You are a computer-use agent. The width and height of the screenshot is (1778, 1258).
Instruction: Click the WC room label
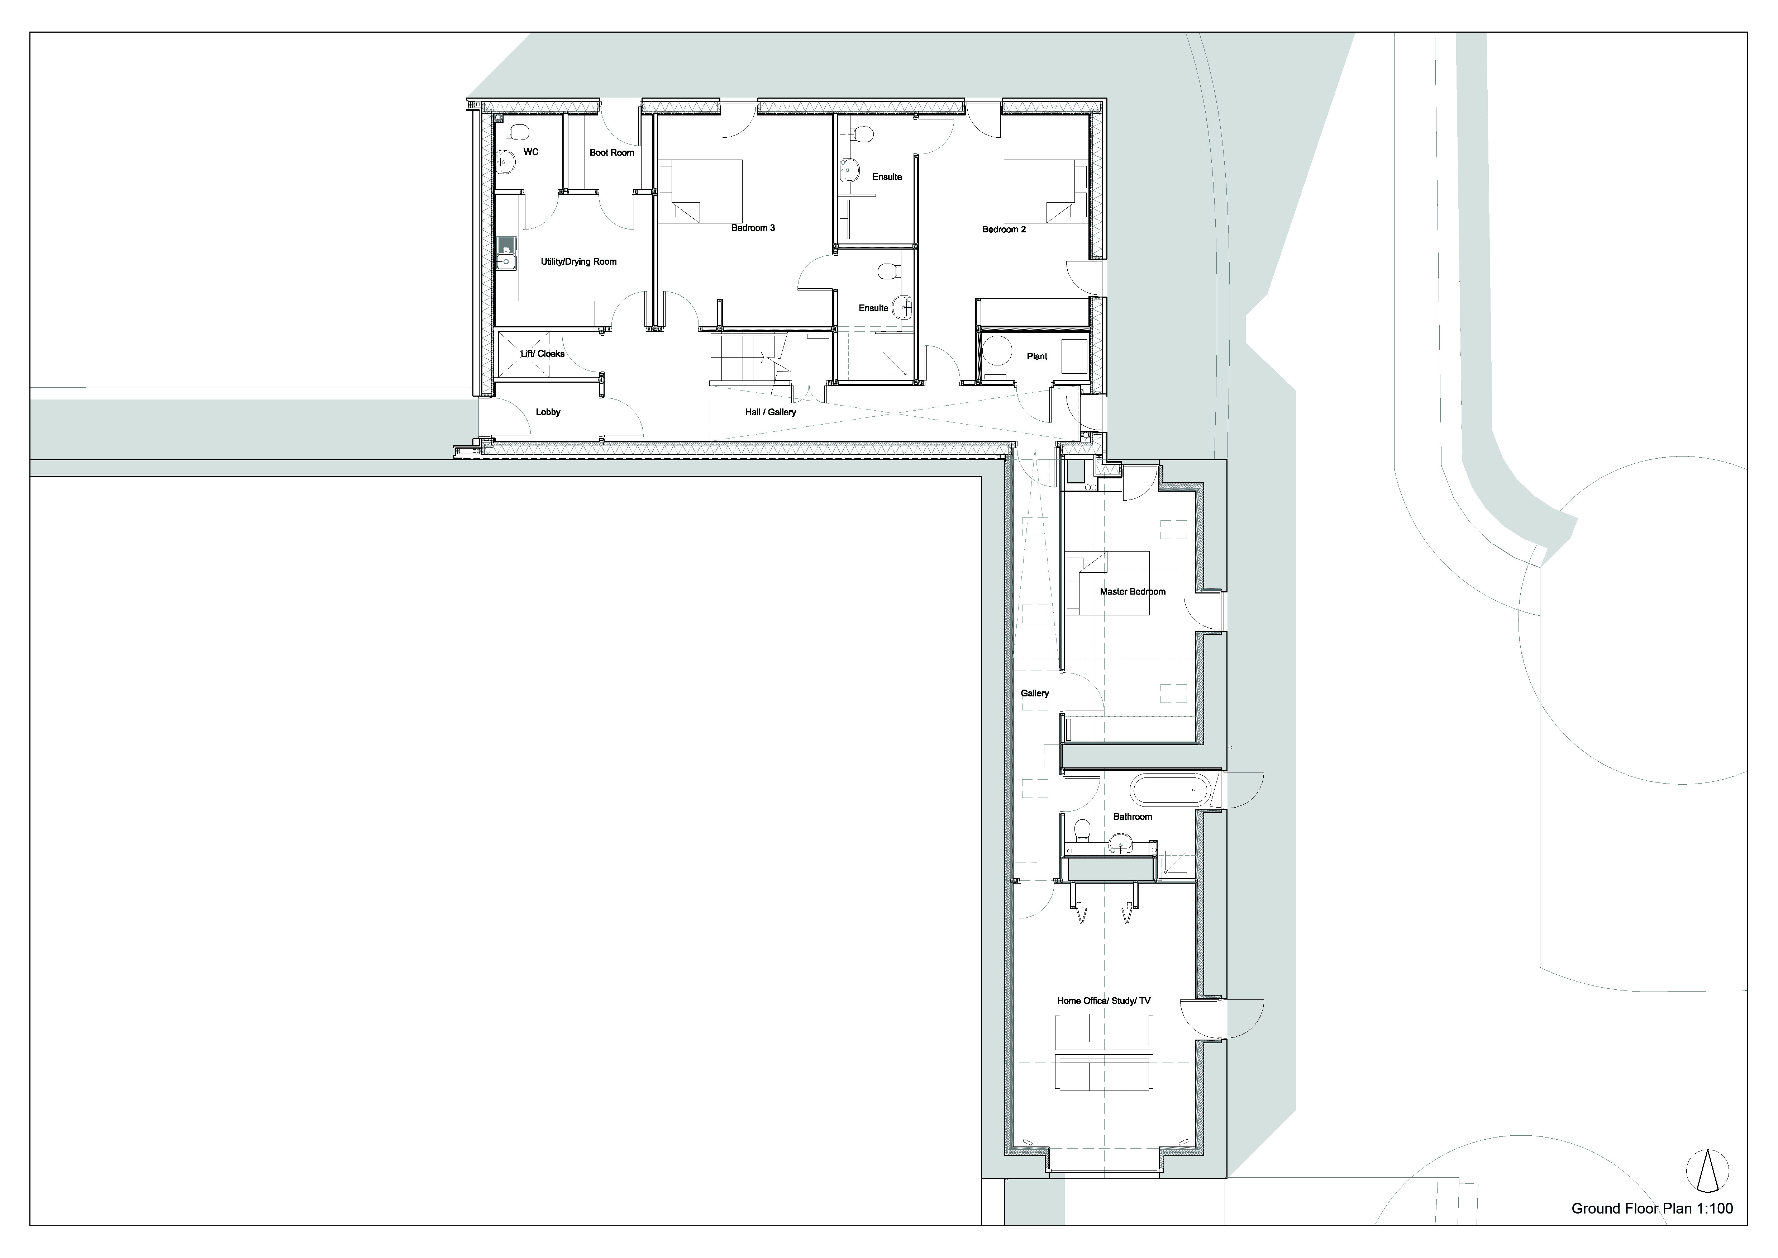[530, 152]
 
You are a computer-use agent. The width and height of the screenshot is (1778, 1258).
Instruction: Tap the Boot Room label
[612, 153]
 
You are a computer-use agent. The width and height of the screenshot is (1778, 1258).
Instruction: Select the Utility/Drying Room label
[578, 262]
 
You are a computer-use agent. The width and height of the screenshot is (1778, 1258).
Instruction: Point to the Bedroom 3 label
[753, 228]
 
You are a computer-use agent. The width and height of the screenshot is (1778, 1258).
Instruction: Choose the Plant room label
[1037, 356]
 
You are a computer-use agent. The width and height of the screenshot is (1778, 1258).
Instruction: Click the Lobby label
[548, 412]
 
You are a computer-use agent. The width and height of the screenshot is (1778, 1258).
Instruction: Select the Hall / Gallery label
[771, 412]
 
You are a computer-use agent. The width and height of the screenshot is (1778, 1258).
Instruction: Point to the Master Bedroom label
[1132, 592]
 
